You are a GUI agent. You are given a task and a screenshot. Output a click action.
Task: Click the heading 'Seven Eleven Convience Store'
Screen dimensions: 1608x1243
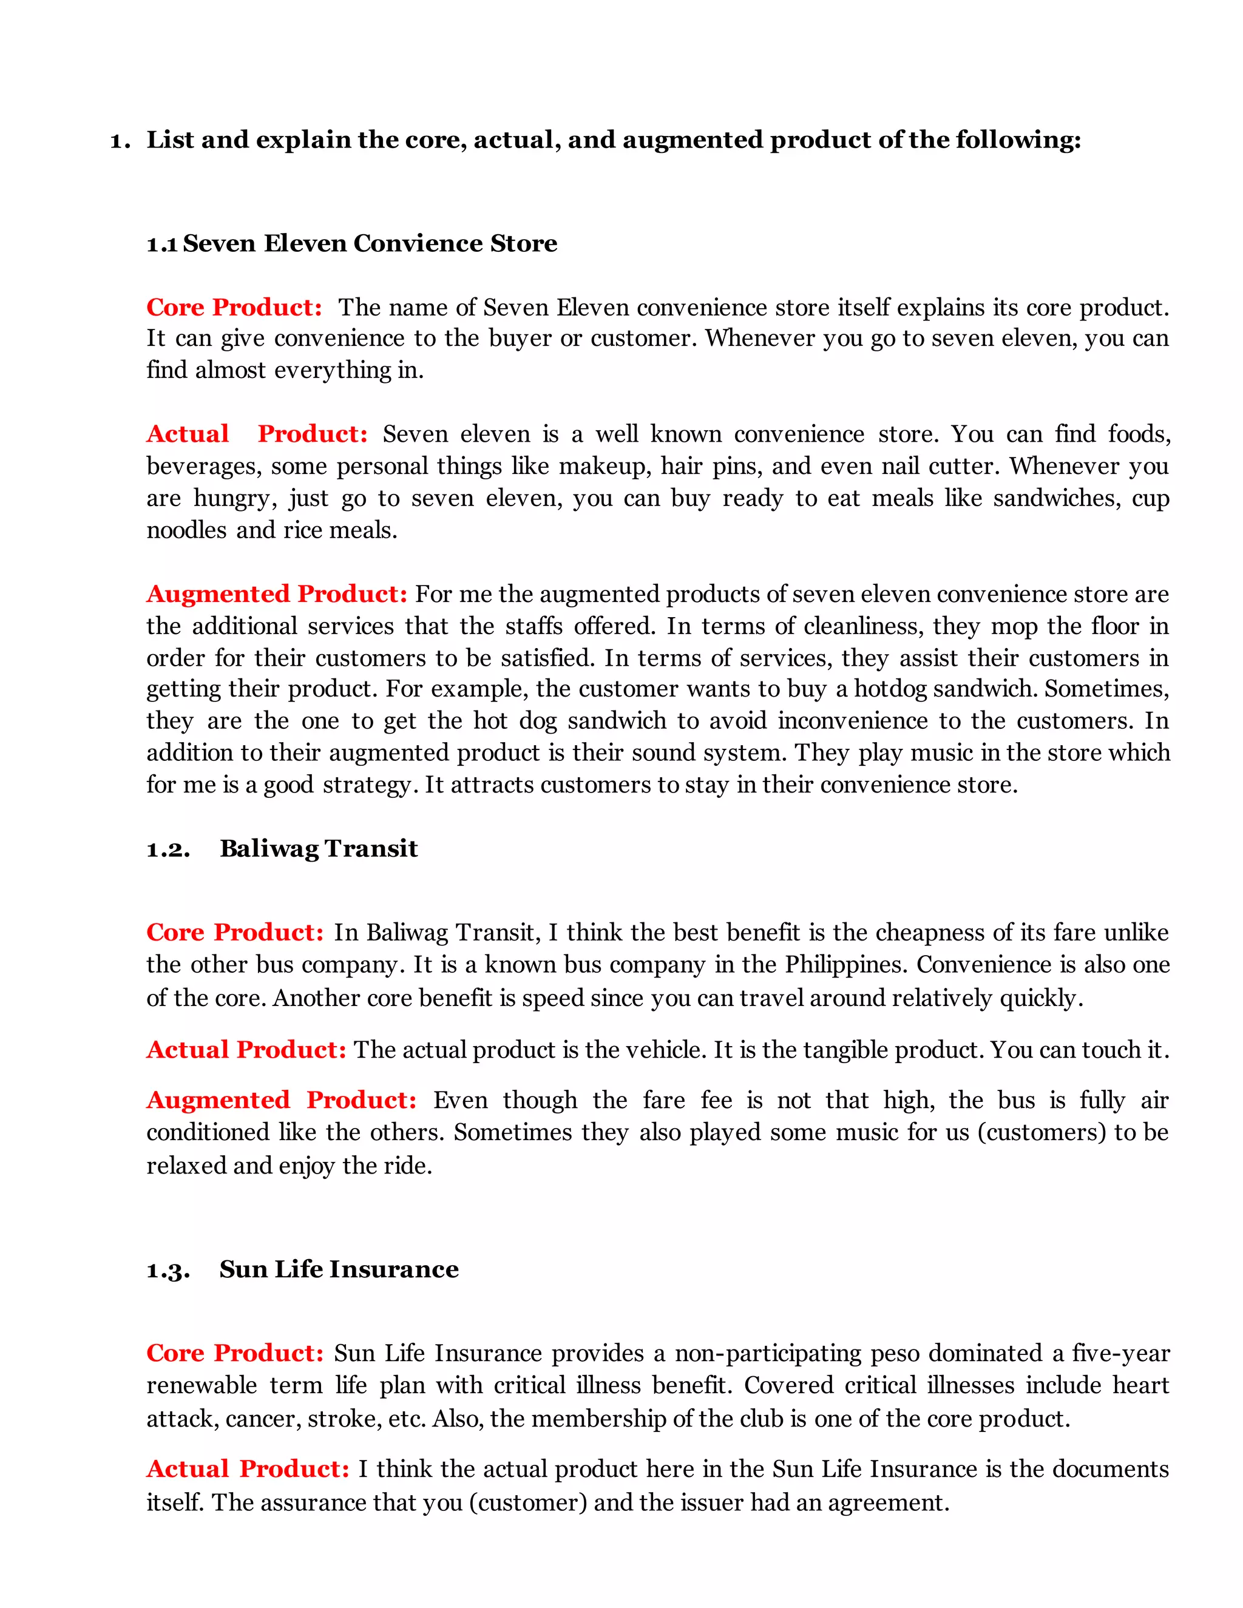coord(370,243)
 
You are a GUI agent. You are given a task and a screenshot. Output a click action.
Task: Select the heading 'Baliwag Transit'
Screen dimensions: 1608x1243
coord(318,848)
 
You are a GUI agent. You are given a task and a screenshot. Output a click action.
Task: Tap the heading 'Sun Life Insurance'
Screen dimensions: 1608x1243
coord(339,1269)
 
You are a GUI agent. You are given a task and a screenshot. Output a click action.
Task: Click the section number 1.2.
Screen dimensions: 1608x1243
coord(168,850)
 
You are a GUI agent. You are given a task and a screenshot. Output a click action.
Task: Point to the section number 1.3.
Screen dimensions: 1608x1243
coord(168,1270)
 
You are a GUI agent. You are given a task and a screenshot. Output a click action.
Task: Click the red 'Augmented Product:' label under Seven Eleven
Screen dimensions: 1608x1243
coord(276,593)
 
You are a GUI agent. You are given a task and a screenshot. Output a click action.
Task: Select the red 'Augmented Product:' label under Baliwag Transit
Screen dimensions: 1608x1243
coord(281,1100)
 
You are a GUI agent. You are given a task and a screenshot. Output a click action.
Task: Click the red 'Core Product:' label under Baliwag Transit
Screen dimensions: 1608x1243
coord(235,932)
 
